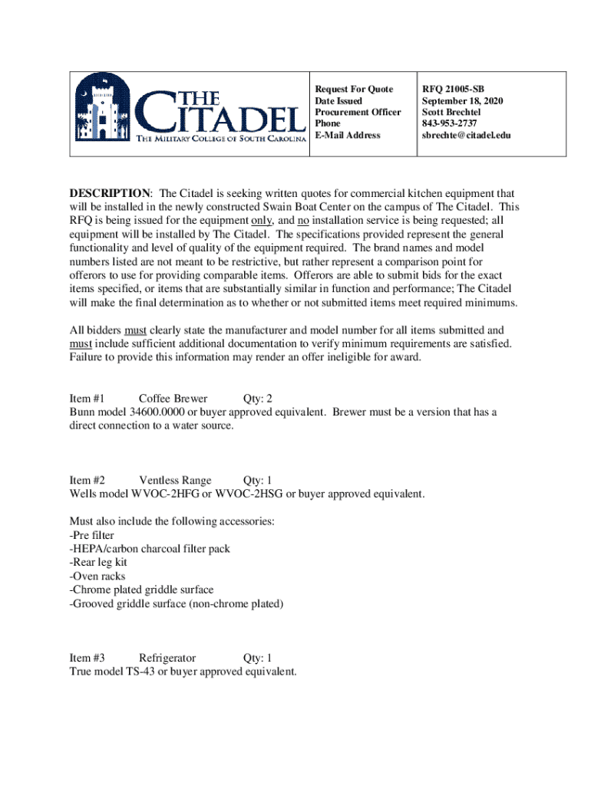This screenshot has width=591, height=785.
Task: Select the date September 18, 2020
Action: point(462,101)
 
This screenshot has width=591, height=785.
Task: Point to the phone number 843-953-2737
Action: point(450,123)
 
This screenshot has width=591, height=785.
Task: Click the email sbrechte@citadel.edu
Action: point(466,135)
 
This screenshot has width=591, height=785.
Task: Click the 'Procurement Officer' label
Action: point(358,112)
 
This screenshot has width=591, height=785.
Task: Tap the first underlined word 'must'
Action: point(136,330)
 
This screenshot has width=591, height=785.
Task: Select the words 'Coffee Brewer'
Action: point(173,399)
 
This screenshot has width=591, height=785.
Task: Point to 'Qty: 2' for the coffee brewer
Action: point(258,399)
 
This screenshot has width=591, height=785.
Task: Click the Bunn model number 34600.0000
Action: point(150,412)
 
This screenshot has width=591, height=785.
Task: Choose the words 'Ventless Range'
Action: point(175,481)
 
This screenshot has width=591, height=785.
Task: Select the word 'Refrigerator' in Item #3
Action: point(167,658)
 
